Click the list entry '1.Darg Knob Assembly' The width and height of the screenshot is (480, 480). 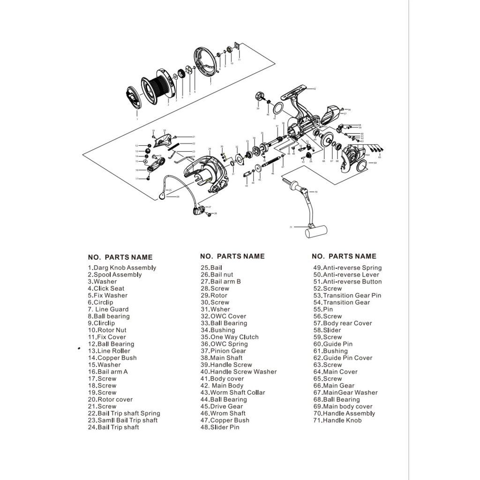tap(122, 268)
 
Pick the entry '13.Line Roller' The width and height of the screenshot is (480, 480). tap(109, 351)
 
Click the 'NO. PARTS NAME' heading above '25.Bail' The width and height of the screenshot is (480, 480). tap(232, 256)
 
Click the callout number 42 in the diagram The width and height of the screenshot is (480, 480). tap(315, 89)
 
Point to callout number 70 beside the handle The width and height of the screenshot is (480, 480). tap(316, 192)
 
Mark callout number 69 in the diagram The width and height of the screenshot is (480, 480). tap(375, 163)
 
